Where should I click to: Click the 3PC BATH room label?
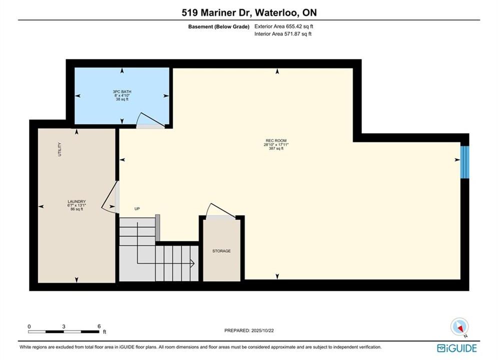(x=122, y=91)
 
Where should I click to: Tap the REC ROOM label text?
(x=276, y=140)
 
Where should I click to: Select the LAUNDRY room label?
(x=77, y=201)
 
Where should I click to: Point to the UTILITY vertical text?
(x=60, y=149)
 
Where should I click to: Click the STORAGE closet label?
(x=221, y=251)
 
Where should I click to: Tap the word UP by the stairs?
(x=137, y=208)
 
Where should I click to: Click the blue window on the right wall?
(x=464, y=162)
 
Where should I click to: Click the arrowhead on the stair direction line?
(x=192, y=263)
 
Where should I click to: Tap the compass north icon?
(x=459, y=327)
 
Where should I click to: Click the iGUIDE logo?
(x=457, y=348)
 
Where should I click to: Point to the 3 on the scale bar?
(x=64, y=326)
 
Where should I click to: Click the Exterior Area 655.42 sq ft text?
(x=284, y=26)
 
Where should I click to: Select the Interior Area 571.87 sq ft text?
(x=283, y=34)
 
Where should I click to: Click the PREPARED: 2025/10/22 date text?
(x=249, y=330)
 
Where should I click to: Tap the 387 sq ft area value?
(x=276, y=148)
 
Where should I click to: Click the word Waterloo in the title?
(x=276, y=12)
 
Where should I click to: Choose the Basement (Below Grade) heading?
(x=219, y=26)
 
